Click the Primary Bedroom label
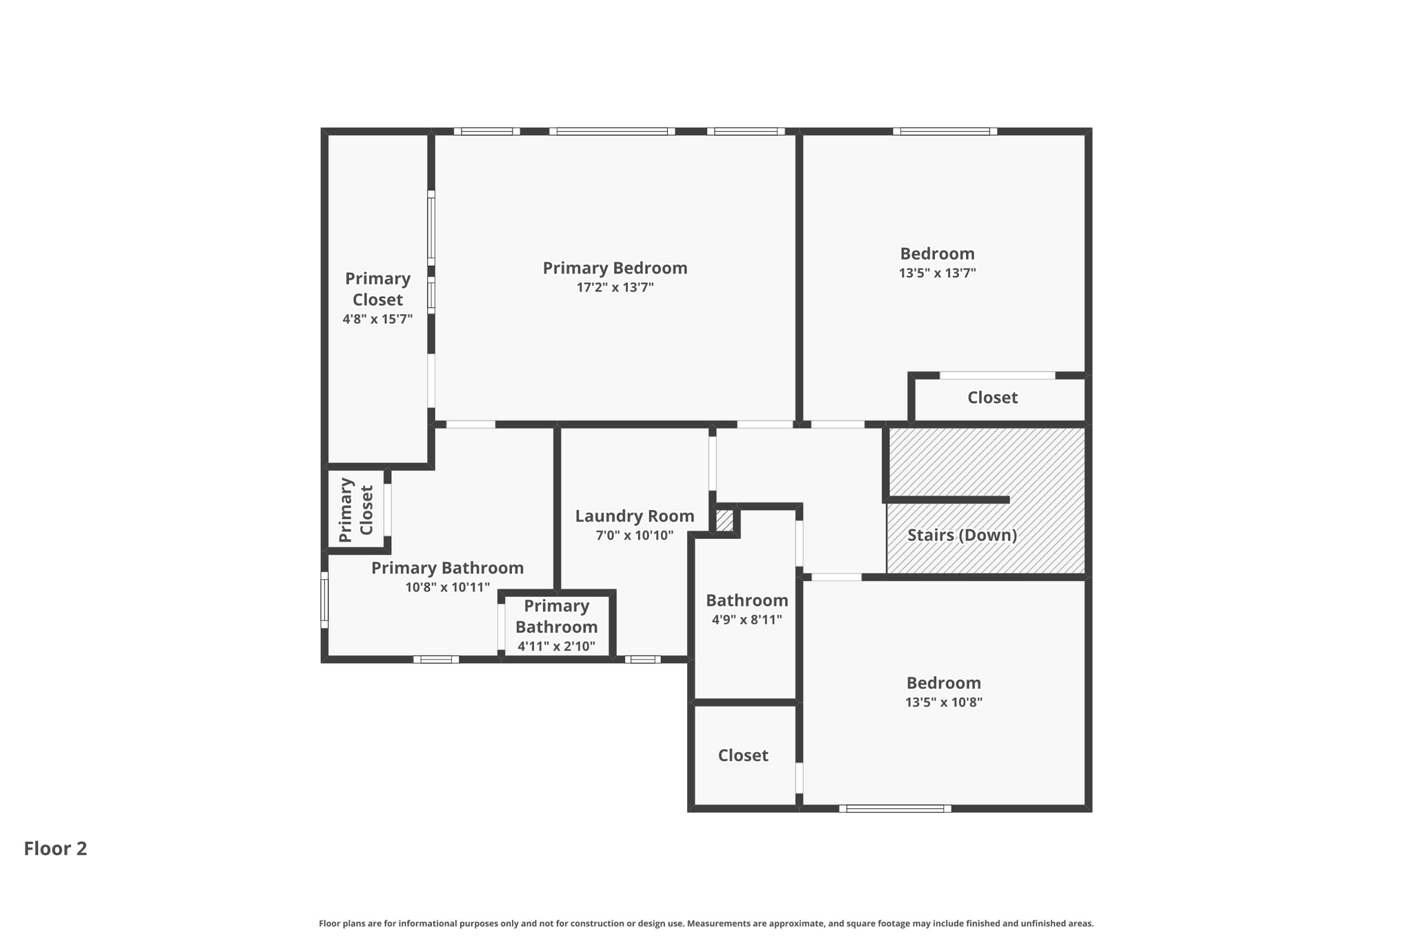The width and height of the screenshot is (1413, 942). point(615,268)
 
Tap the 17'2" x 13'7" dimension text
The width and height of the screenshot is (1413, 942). point(615,287)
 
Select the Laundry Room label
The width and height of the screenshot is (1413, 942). point(634,516)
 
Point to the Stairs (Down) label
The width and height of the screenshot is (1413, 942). point(962,535)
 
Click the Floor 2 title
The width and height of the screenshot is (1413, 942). point(55,848)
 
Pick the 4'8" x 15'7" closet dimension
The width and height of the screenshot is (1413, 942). point(377,319)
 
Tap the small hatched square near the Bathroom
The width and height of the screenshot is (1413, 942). point(724,520)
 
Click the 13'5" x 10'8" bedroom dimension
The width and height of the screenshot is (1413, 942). point(943,703)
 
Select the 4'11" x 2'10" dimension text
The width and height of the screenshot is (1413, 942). point(556,647)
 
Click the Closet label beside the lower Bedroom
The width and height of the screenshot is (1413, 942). point(743,755)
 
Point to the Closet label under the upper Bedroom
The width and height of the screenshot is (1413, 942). point(992,398)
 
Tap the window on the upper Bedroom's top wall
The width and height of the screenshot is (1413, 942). point(945,131)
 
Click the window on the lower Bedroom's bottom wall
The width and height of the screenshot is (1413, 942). point(895,809)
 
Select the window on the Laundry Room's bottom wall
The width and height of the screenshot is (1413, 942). point(642,660)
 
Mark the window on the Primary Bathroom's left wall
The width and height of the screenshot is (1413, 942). point(324,600)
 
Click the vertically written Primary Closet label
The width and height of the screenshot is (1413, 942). point(356,510)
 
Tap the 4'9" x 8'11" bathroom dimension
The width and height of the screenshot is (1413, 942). point(747,620)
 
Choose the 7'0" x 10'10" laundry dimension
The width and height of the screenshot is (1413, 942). point(634,536)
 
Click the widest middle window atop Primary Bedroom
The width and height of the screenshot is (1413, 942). point(612,131)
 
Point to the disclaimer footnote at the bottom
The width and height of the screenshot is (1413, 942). point(706,923)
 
